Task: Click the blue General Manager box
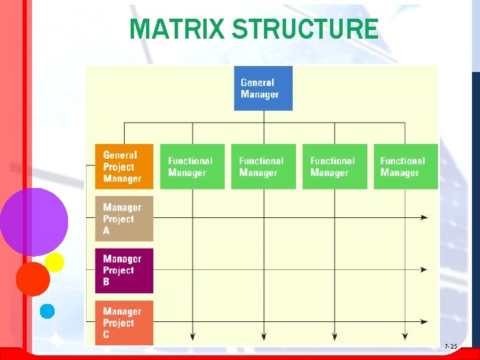coord(266,88)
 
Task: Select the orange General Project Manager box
coord(124,166)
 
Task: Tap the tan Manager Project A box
coord(124,219)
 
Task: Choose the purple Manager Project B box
coord(124,270)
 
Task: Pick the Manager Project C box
coord(124,323)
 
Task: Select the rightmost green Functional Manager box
coord(405,166)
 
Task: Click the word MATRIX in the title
coord(177,29)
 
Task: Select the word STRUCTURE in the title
coord(305,29)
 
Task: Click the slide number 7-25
coord(451,347)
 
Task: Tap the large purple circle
coord(33,221)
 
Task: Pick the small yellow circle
coord(54,262)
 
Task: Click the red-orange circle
coord(33,279)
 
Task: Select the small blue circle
coord(47,311)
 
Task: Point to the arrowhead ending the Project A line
coord(424,217)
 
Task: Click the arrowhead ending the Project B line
coord(424,270)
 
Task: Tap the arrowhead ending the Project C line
coord(424,322)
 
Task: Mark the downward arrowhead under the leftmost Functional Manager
coord(193,336)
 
